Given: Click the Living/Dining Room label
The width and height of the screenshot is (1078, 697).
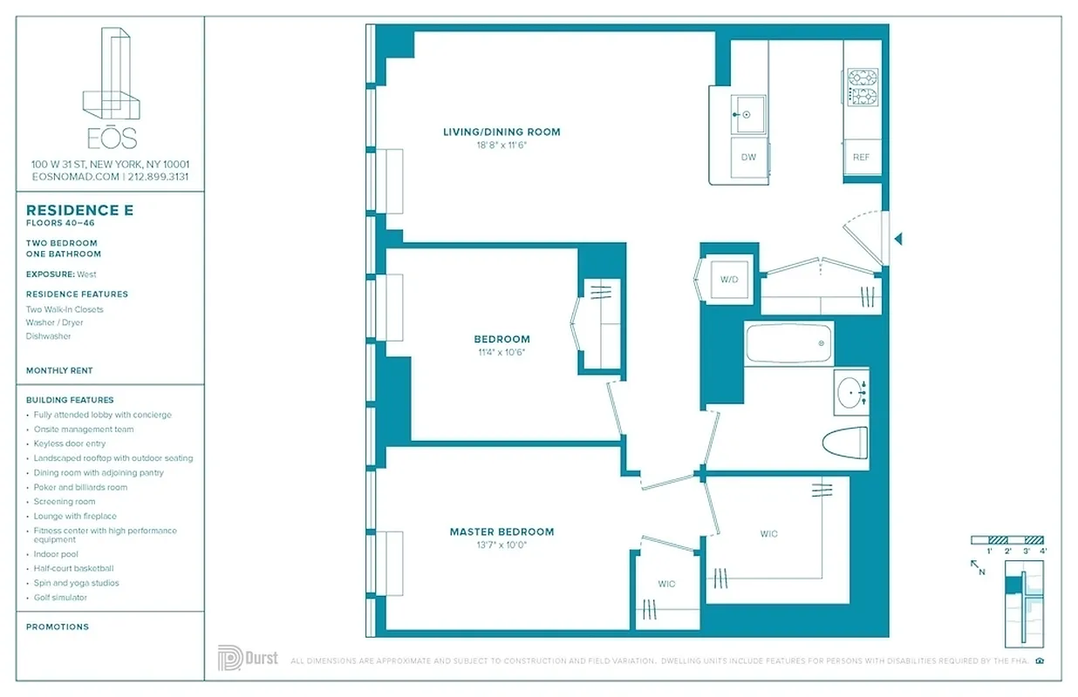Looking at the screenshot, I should (501, 132).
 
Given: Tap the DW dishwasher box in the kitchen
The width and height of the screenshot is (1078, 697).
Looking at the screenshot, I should (748, 158).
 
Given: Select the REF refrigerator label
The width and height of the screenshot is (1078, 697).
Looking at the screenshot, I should (861, 158).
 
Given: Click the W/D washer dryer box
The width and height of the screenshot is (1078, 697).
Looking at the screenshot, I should (728, 280).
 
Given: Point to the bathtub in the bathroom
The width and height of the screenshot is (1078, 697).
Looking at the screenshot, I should (788, 342).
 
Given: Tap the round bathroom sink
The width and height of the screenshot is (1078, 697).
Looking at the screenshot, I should (849, 393).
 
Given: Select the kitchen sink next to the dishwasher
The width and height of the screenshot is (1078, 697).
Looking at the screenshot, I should (747, 114).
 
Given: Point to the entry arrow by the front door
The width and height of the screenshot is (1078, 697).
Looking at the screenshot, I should (898, 238).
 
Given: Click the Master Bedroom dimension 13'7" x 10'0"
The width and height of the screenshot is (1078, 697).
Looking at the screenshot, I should (501, 545).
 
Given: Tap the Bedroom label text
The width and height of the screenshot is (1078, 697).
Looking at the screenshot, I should (501, 339).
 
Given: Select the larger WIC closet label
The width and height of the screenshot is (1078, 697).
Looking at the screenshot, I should (768, 534).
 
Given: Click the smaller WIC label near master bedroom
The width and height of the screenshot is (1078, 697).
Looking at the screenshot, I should (666, 584).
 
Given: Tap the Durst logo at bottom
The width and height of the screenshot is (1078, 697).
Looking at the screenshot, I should (248, 658).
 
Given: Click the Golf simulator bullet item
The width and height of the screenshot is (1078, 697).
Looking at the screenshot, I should (60, 598).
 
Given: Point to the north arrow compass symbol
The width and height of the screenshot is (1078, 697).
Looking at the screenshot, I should (978, 566).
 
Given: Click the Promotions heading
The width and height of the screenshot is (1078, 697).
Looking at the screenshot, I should (57, 626).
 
